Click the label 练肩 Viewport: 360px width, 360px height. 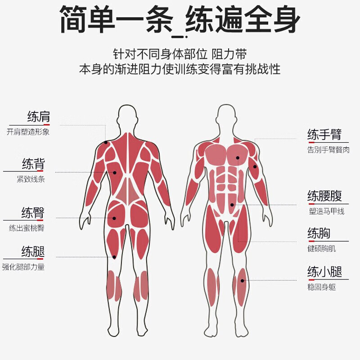click(39, 117)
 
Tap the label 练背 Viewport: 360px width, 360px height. click(33, 164)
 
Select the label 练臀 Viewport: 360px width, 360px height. click(33, 212)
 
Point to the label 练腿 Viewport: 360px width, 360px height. click(33, 252)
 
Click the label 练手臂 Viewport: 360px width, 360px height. click(324, 134)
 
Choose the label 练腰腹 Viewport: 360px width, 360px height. click(324, 196)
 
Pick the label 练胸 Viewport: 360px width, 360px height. click(319, 233)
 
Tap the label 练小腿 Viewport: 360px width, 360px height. click(324, 272)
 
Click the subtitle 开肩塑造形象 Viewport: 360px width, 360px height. click(28, 132)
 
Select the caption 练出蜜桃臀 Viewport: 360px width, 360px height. click(27, 228)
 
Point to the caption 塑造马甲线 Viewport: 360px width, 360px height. click(327, 211)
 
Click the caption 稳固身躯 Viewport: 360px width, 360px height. click(322, 287)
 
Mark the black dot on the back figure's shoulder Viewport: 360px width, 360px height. click(106, 142)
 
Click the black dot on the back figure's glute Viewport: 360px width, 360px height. click(114, 218)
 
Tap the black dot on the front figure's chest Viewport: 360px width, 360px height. click(238, 158)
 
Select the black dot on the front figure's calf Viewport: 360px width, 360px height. click(242, 280)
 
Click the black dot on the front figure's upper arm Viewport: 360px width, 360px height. click(255, 166)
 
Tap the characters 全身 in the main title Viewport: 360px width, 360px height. click(272, 19)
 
